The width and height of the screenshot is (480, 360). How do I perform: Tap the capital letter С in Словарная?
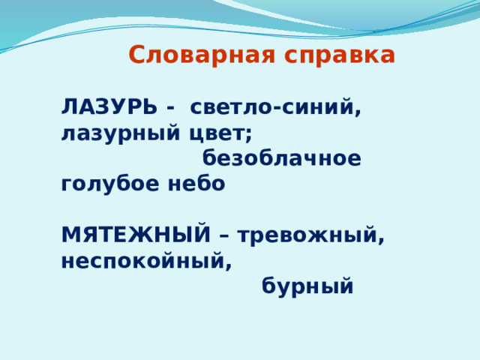(x=136, y=55)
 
